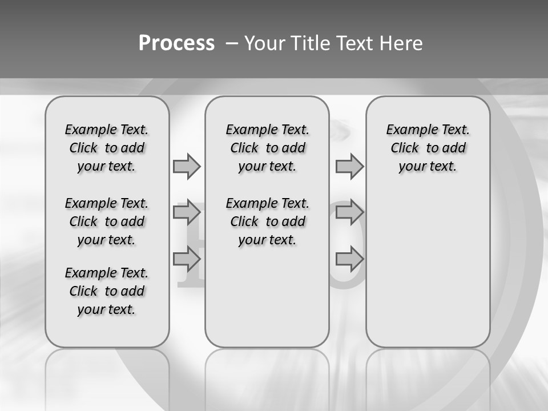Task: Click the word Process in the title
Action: click(176, 43)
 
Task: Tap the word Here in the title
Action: click(401, 43)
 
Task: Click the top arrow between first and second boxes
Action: click(187, 167)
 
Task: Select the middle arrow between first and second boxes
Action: click(187, 213)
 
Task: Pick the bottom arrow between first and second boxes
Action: click(187, 260)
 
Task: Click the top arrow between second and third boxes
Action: click(349, 167)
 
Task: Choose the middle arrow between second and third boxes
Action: click(349, 213)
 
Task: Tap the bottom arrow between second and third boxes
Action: click(349, 260)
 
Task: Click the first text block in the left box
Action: click(107, 148)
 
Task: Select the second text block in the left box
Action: click(107, 221)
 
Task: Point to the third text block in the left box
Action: click(107, 291)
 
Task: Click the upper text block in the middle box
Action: click(268, 148)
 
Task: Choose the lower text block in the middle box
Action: click(268, 221)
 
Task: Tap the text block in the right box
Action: click(428, 148)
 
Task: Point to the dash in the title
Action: click(232, 43)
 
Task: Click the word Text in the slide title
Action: click(354, 43)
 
